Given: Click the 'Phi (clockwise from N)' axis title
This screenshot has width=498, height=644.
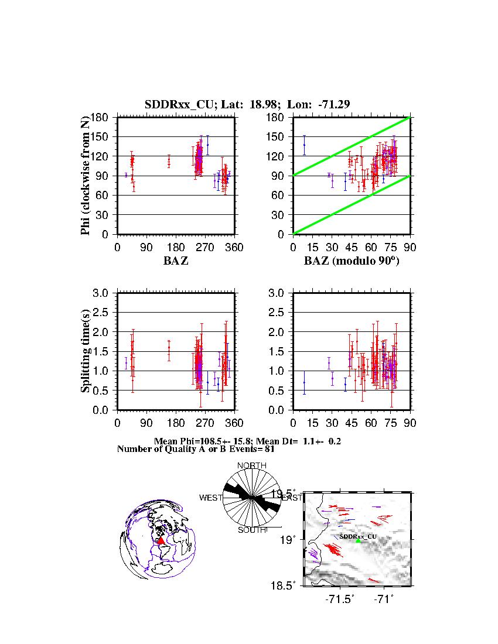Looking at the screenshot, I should (x=86, y=176).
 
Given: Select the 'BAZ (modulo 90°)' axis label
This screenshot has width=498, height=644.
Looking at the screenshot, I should (x=351, y=261).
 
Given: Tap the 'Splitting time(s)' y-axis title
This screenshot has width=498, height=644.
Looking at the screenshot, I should (x=86, y=351).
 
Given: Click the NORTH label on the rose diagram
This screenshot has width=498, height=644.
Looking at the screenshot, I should (x=251, y=465).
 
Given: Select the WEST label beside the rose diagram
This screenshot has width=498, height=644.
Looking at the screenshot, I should (x=211, y=498).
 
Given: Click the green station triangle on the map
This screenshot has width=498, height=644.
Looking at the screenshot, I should (x=359, y=540).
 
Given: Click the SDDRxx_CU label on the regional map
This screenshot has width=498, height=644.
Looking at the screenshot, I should (x=358, y=536).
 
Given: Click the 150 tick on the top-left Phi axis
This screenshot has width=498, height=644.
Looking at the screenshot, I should (x=101, y=137).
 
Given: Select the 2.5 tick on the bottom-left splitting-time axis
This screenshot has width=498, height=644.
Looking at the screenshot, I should (x=101, y=313).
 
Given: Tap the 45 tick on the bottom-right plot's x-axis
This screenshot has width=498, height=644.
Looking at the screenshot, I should (x=352, y=423).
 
